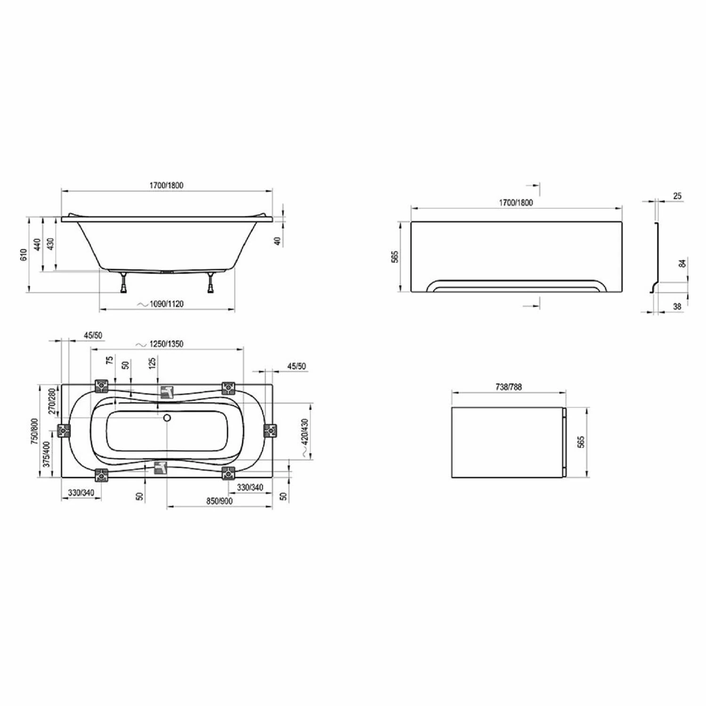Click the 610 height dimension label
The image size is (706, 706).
(24, 255)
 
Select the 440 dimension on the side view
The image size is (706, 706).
(37, 244)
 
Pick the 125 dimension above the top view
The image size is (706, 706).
(152, 363)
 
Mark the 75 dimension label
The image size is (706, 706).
(110, 360)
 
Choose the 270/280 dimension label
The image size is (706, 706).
(52, 401)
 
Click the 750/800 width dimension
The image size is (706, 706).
(34, 431)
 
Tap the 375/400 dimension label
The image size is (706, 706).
(47, 454)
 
